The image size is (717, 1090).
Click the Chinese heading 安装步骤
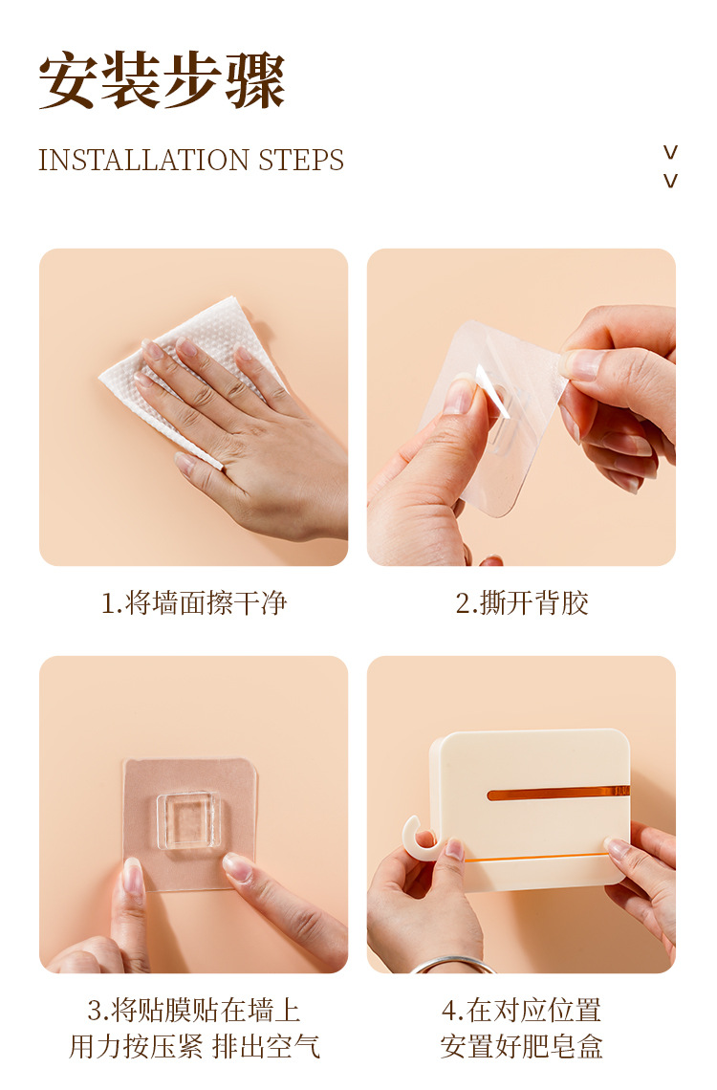click(x=162, y=80)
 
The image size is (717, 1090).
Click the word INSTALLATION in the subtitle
click(x=143, y=161)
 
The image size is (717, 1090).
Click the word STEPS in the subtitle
click(x=301, y=161)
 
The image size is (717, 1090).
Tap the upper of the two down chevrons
click(x=670, y=151)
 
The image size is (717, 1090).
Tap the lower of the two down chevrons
click(x=670, y=181)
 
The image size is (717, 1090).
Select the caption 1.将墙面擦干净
click(x=194, y=602)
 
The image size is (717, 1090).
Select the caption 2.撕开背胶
click(x=522, y=602)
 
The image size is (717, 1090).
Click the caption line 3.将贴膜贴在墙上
click(x=194, y=1010)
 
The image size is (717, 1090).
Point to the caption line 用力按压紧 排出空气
click(x=194, y=1046)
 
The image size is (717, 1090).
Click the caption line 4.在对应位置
click(x=522, y=1010)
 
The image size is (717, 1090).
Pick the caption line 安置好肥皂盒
click(x=522, y=1046)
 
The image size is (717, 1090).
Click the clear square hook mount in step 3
click(x=188, y=820)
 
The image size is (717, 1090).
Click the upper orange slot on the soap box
click(x=558, y=793)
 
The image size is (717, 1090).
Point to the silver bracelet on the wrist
click(x=451, y=964)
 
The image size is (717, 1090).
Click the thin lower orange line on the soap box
click(x=535, y=859)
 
